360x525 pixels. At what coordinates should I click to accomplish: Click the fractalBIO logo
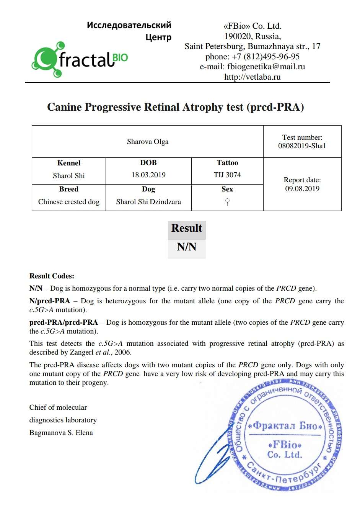(80, 60)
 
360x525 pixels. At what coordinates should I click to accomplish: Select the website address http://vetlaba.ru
(252, 77)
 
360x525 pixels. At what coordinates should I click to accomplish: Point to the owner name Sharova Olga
(148, 142)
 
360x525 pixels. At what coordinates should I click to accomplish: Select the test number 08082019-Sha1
(302, 146)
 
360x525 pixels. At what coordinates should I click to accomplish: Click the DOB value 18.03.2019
(148, 175)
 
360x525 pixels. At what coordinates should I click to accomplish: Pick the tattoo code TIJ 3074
(227, 175)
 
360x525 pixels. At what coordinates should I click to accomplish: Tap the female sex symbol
(227, 202)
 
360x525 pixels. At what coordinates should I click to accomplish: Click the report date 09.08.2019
(302, 189)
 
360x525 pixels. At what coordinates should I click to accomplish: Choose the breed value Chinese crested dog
(69, 202)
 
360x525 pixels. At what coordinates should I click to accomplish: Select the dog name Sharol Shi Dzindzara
(148, 202)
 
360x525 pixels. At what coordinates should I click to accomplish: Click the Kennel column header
(69, 163)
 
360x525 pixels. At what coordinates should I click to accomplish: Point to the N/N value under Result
(187, 247)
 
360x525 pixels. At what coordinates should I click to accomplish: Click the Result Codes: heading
(52, 276)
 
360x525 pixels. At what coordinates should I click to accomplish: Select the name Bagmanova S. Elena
(61, 433)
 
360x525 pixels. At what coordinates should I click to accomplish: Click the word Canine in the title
(64, 107)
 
